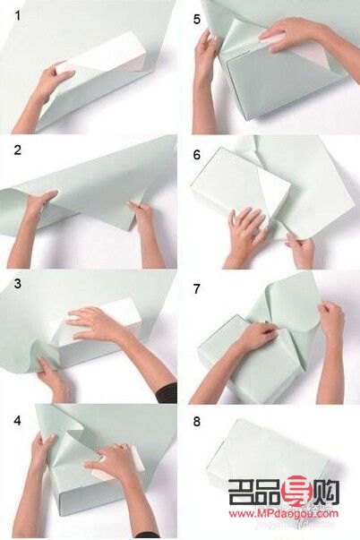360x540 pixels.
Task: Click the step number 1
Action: click(x=18, y=15)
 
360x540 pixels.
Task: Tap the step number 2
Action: click(x=18, y=150)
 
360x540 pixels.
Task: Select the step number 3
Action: click(x=18, y=283)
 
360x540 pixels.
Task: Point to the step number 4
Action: click(x=18, y=421)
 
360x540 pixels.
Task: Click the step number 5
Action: click(x=197, y=20)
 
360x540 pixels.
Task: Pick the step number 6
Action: click(x=197, y=155)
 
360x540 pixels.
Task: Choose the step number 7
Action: click(x=197, y=289)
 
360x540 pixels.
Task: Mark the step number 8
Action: click(x=197, y=421)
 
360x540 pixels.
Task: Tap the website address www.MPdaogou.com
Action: click(x=284, y=514)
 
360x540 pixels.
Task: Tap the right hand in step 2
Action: click(x=141, y=217)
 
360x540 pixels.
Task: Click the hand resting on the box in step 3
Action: click(x=93, y=323)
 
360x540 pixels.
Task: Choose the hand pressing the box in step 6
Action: click(x=246, y=230)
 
